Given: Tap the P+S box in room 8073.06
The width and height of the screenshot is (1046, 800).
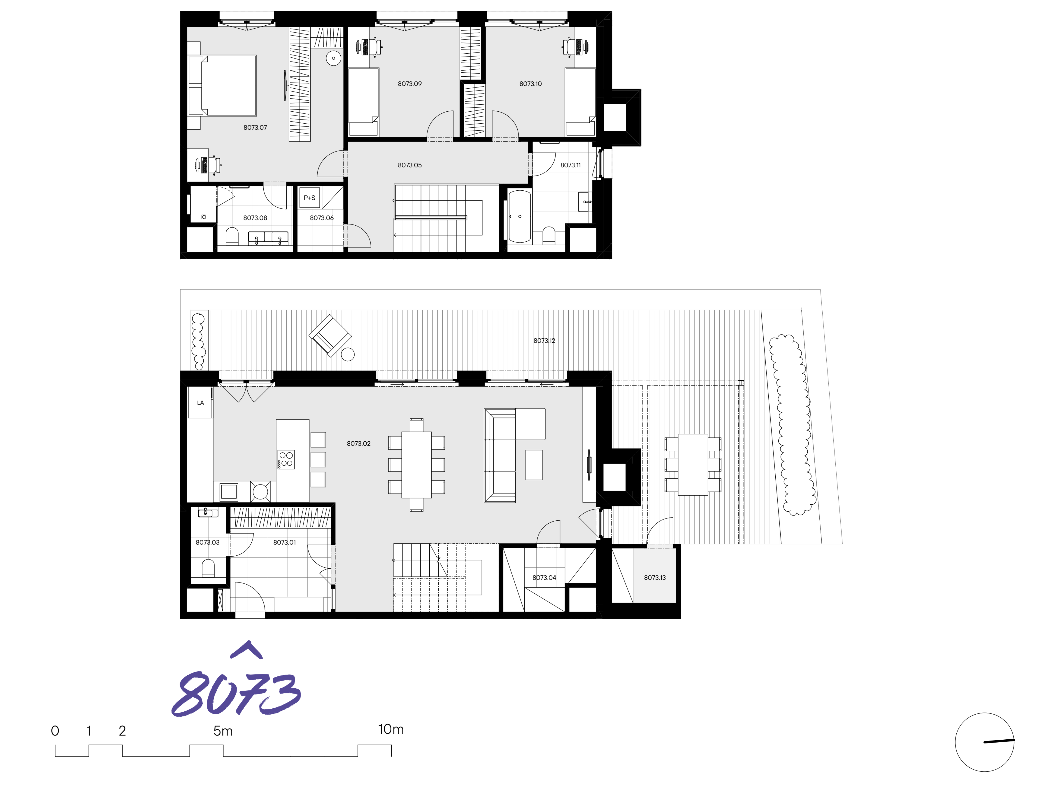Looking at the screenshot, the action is pos(309,198).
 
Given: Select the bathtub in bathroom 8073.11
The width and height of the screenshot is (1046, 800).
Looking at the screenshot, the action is pos(519,217).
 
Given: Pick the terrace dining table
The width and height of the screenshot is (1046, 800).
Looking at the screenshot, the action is pos(693,464).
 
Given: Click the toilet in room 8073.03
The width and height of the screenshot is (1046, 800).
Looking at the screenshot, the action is pos(208,568).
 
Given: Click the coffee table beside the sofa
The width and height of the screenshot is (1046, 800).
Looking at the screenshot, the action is pos(534,465).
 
